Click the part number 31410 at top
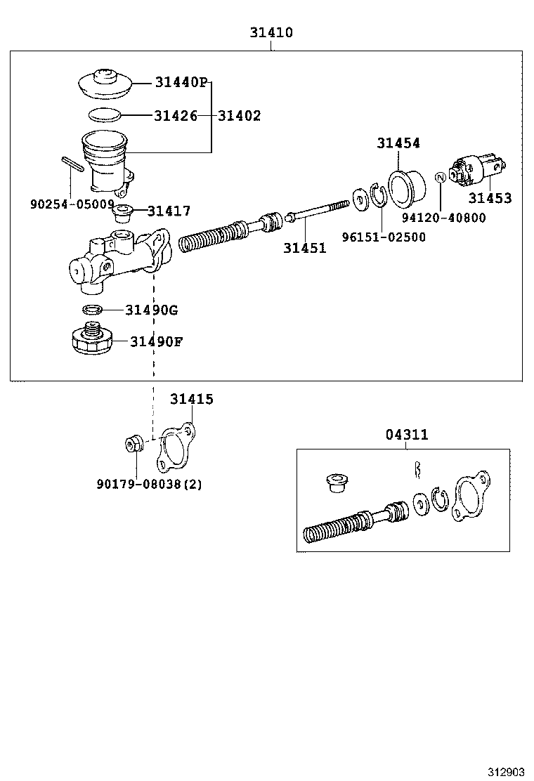[271, 32]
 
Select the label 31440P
[181, 83]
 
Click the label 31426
[175, 116]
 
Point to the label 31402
[239, 116]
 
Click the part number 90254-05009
[72, 204]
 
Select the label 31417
[169, 211]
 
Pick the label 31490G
[151, 309]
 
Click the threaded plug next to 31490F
[92, 339]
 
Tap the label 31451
[305, 247]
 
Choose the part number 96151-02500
[384, 237]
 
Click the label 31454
[398, 143]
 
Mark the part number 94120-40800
[443, 218]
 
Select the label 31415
[191, 399]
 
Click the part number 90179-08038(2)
[150, 484]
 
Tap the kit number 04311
[406, 435]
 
